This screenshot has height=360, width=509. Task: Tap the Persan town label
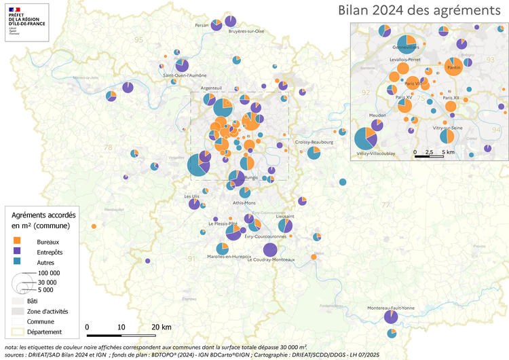202,25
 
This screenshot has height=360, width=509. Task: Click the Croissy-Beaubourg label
314,142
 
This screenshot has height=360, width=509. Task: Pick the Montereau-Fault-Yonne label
390,308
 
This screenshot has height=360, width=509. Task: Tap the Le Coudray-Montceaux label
271,259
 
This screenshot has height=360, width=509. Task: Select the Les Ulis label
192,196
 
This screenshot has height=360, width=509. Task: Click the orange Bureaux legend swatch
18,240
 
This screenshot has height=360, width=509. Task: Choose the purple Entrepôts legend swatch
18,251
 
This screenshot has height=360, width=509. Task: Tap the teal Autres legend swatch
18,262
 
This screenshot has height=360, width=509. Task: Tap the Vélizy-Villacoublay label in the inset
375,154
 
